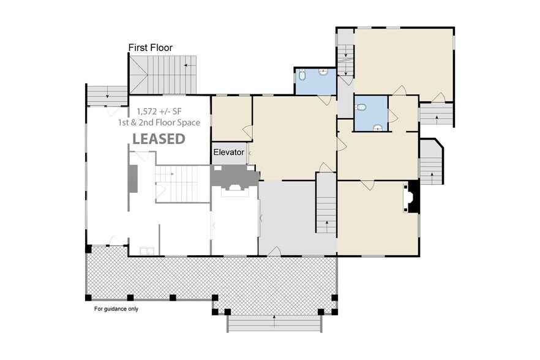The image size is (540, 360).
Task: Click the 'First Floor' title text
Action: tap(150, 47)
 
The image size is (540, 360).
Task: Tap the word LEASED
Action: tap(159, 139)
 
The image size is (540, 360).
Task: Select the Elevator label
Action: tap(229, 152)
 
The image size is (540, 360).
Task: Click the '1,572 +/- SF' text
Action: tap(159, 112)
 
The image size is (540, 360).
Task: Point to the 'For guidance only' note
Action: tap(116, 309)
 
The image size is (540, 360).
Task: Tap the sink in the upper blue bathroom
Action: tap(323, 72)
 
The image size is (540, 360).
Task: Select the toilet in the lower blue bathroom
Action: tap(361, 107)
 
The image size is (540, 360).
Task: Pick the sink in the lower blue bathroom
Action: tap(379, 127)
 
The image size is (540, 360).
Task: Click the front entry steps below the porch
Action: tap(274, 323)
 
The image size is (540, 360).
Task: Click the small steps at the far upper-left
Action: tap(106, 95)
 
